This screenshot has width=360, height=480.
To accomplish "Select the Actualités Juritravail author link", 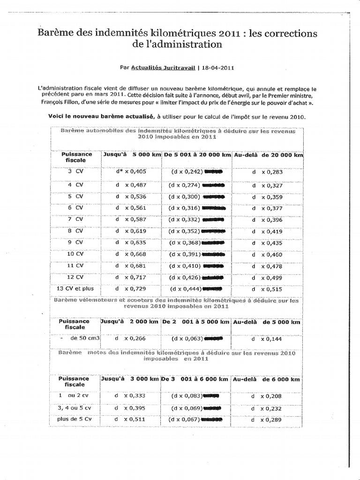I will pos(163,67).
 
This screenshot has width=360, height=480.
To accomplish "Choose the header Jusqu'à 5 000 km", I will pos(132,154).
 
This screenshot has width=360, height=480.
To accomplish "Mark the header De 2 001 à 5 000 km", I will pos(195,322).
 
